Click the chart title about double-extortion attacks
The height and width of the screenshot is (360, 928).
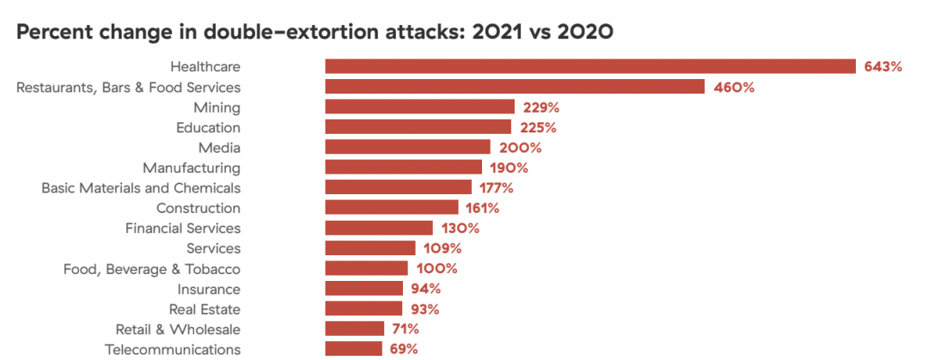[314, 32]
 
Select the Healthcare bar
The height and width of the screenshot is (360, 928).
[589, 66]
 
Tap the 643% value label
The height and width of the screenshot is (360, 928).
[883, 66]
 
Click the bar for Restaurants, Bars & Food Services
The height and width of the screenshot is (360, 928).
[514, 87]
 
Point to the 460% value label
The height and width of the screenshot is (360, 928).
[734, 87]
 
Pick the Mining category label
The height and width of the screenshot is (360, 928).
[217, 107]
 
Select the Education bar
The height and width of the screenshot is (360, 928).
[418, 127]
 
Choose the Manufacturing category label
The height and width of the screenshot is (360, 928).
[192, 168]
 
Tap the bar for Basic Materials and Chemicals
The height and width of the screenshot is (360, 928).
[398, 187]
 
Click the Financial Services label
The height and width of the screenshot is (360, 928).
[183, 228]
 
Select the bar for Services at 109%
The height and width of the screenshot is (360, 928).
[369, 248]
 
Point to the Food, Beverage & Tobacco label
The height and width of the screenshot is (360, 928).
[152, 268]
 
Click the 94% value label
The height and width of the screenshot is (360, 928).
[426, 289]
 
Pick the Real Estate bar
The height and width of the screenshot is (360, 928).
[363, 308]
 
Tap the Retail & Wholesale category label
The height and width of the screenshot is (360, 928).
[178, 329]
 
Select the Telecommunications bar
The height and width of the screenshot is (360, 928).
[353, 349]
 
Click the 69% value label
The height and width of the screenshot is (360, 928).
[404, 349]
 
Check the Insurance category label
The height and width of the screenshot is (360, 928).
[209, 289]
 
